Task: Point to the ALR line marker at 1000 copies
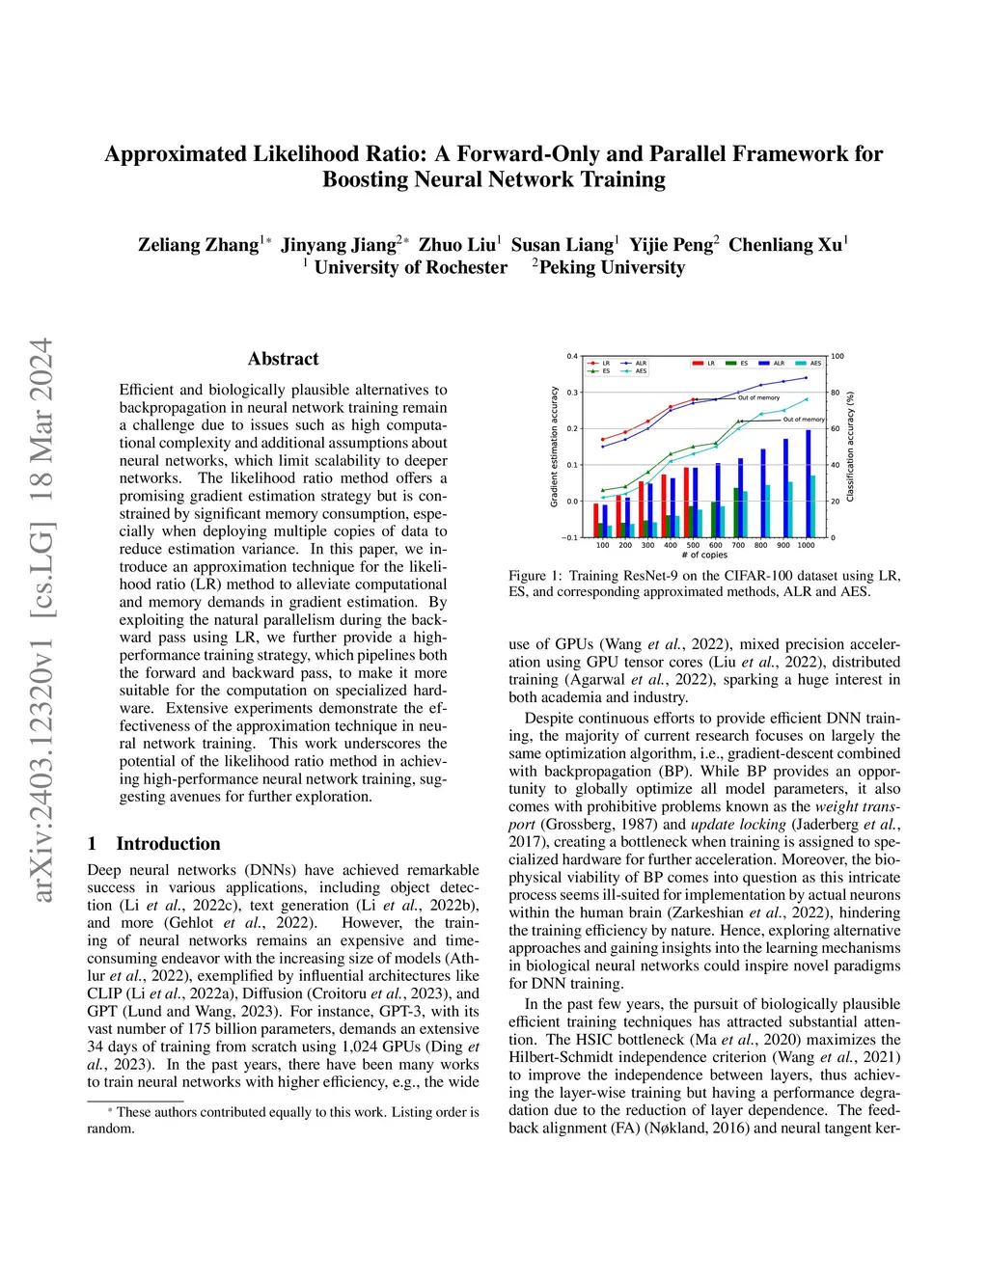807,377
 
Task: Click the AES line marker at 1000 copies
807,399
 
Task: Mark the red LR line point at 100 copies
603,440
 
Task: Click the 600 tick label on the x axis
716,545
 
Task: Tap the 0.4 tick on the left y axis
572,356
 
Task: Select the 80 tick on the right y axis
836,393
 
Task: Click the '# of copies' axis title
704,556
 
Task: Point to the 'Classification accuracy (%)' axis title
851,447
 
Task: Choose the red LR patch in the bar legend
698,364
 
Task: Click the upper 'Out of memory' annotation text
759,397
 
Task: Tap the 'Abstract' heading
283,359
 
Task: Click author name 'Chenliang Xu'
785,245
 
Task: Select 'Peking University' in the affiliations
612,268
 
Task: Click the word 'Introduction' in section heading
168,844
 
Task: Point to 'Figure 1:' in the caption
535,576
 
